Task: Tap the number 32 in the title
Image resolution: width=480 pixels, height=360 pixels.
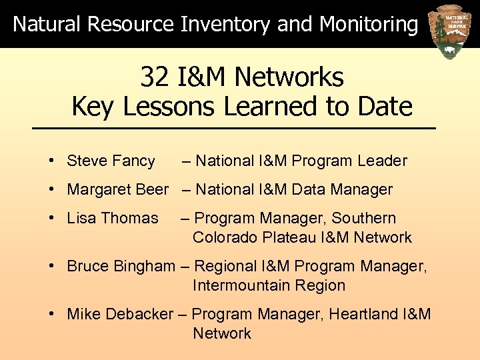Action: pyautogui.click(x=155, y=78)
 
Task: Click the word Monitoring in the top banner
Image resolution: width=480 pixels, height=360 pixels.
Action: pyautogui.click(x=369, y=25)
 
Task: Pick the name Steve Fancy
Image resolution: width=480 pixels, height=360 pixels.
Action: pyautogui.click(x=111, y=161)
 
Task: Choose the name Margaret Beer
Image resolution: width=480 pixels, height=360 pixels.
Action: pyautogui.click(x=118, y=189)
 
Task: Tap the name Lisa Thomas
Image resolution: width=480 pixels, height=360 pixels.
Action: pyautogui.click(x=113, y=218)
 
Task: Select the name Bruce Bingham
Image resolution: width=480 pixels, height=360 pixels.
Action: pyautogui.click(x=121, y=266)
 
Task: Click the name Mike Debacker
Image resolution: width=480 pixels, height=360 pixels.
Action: pyautogui.click(x=119, y=314)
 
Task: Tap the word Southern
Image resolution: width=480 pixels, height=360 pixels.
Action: pyautogui.click(x=364, y=218)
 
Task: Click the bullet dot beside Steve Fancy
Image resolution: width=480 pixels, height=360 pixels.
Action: pyautogui.click(x=51, y=161)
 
